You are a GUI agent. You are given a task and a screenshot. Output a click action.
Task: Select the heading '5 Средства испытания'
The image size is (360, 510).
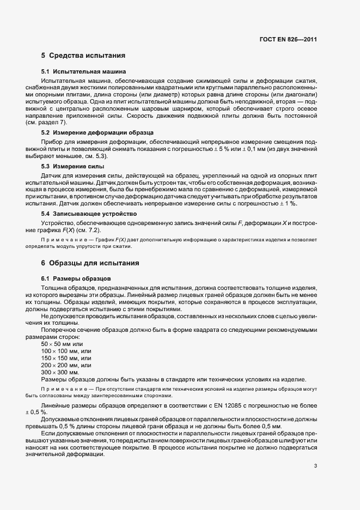coord(83,56)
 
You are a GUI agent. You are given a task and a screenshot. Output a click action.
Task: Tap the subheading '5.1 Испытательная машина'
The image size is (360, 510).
coord(84,71)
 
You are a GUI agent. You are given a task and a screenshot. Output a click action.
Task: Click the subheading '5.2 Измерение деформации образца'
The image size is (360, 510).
coord(97,132)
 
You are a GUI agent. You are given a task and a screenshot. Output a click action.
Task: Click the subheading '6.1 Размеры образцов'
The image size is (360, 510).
coord(76,278)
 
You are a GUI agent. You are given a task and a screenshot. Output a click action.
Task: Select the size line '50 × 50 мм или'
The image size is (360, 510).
coord(62,344)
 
